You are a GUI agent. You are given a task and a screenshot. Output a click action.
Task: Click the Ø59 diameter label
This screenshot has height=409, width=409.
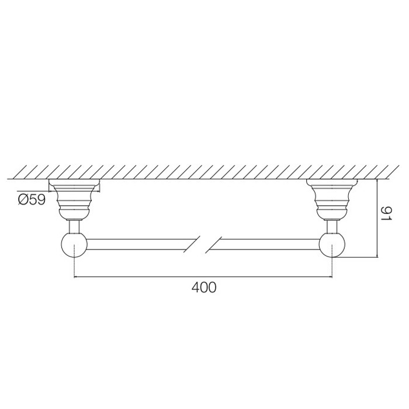pos(32,200)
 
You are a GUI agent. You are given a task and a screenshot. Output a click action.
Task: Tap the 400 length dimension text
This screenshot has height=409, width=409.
pos(204,287)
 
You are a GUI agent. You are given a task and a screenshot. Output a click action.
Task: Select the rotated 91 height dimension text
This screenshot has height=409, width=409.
pos(386,214)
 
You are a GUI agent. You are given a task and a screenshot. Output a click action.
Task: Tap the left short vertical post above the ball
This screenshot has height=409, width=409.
pos(74,227)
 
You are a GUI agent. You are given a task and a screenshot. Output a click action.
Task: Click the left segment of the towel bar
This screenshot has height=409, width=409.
pos(141,244)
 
